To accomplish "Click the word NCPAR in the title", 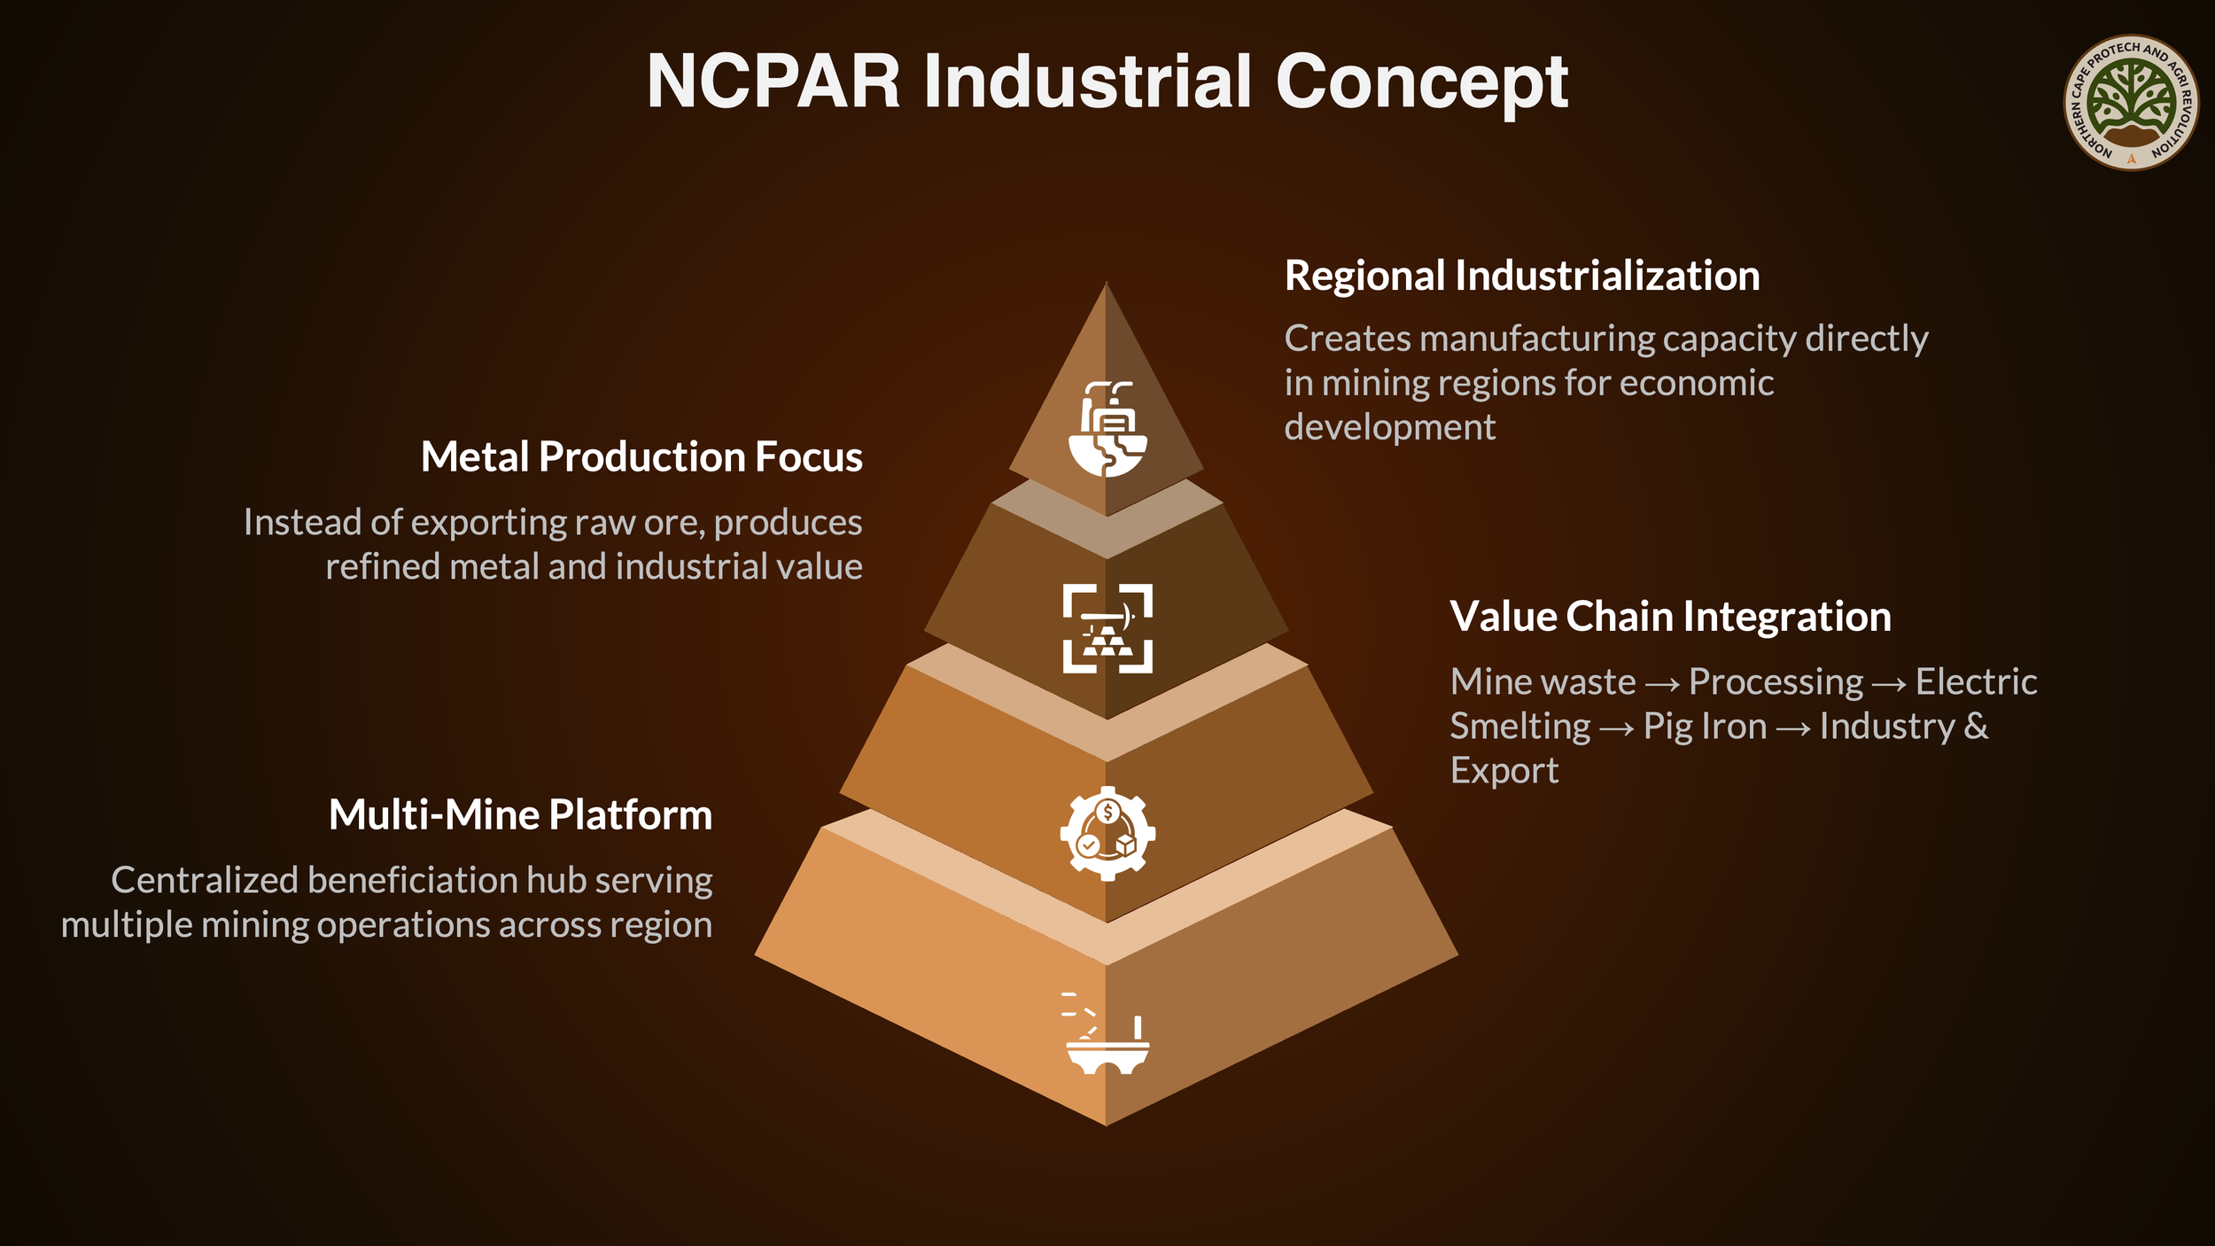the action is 773,82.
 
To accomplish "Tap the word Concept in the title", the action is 1421,82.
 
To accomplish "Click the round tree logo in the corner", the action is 2131,103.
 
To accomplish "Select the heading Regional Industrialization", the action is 1521,276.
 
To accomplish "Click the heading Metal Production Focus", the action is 641,457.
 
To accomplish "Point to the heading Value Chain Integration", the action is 1670,617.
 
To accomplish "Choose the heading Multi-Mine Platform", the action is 520,815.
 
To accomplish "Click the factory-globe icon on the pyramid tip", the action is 1107,430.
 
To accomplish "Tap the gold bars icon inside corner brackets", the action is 1107,628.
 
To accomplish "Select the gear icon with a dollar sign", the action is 1107,833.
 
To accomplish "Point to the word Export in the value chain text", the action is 1504,771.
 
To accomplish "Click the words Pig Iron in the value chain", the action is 1705,727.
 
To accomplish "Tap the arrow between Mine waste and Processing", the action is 1662,683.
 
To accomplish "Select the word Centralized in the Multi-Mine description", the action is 204,881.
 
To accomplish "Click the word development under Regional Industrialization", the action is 1389,427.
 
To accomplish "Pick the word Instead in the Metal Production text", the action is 301,523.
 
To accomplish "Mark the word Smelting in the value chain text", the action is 1519,727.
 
